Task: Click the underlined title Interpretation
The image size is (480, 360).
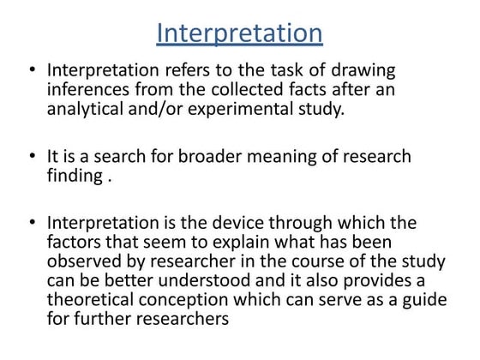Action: (x=240, y=33)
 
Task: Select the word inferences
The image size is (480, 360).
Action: (x=91, y=91)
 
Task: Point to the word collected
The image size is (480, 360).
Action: (x=237, y=91)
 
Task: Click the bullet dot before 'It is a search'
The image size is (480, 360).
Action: (x=31, y=157)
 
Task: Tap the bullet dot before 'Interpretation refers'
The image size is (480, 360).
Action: (x=31, y=72)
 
